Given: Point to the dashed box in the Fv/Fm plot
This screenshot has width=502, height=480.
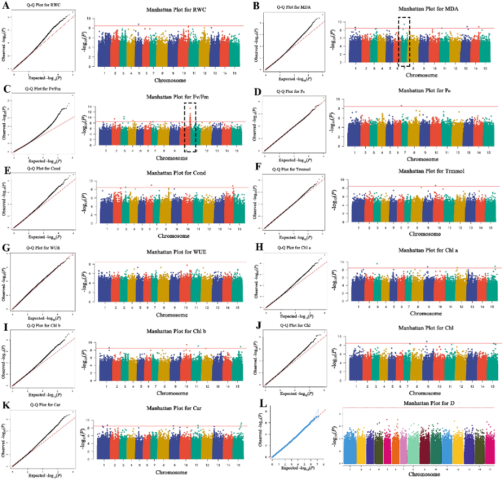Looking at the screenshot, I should pos(190,127).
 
